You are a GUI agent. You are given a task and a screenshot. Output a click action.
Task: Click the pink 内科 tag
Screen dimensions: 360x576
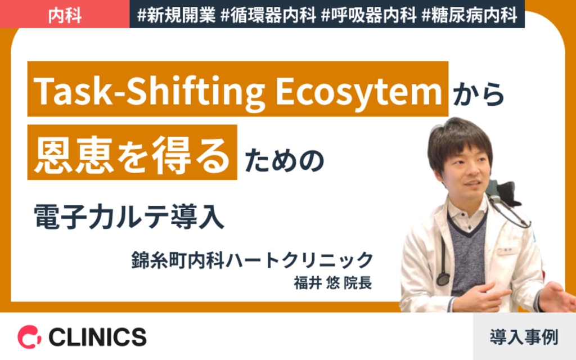(65, 15)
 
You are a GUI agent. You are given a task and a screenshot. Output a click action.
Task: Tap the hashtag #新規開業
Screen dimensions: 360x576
(175, 15)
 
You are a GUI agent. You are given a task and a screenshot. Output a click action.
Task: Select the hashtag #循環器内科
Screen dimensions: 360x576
(268, 15)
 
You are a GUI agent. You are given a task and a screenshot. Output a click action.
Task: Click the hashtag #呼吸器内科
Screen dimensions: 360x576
(368, 15)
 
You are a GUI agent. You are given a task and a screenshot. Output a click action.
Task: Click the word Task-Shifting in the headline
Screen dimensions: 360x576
(148, 90)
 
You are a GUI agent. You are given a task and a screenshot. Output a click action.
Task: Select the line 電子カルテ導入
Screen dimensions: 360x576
(129, 216)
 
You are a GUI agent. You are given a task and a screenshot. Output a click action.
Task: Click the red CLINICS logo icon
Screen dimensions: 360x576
(29, 336)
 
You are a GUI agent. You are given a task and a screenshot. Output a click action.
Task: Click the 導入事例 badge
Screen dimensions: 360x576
(524, 337)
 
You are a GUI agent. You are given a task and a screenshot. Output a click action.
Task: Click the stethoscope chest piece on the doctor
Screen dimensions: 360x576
(443, 278)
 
